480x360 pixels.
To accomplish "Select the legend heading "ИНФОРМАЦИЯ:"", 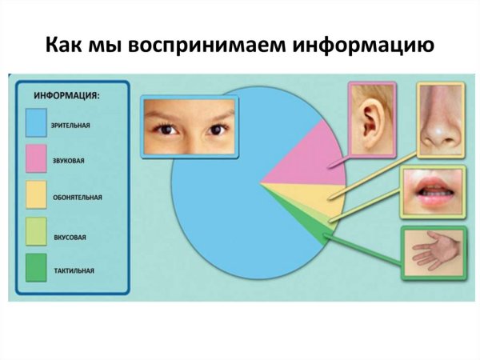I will point(66,95).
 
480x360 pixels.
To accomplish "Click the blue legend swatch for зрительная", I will point(37,124).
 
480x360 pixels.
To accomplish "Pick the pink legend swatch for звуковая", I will point(37,160).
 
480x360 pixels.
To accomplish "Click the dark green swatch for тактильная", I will point(37,270).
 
